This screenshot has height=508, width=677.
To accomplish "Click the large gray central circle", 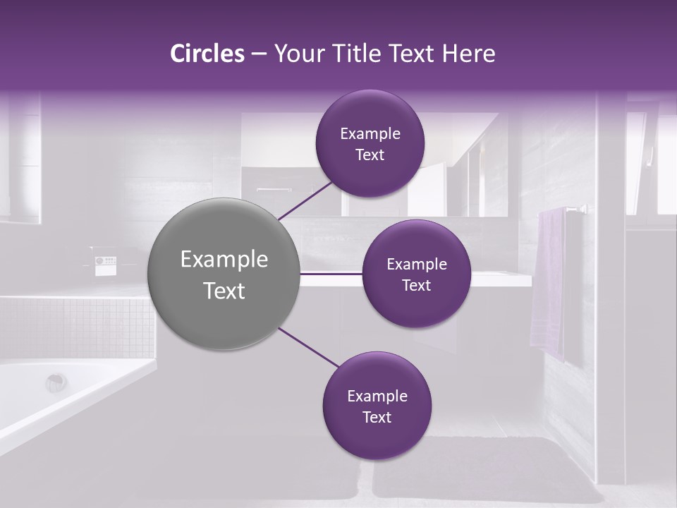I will tap(224, 274).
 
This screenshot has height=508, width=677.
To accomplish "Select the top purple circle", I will tap(370, 143).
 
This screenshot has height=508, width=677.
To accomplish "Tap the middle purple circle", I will tap(416, 274).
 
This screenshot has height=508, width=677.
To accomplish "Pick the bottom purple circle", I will tap(377, 406).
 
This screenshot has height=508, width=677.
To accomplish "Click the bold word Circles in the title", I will tap(207, 54).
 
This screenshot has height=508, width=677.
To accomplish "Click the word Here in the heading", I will tap(468, 54).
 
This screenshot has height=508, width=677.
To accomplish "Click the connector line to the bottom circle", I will tap(309, 348).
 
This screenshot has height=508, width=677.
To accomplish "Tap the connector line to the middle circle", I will tap(331, 273).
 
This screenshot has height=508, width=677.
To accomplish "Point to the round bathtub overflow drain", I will tap(56, 382).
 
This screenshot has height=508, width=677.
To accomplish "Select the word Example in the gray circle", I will tap(224, 260).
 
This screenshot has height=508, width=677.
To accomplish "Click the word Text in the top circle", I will tap(370, 155).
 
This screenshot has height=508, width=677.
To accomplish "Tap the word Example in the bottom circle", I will tap(377, 396).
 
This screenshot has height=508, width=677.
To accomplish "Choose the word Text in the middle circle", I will tap(416, 286).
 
